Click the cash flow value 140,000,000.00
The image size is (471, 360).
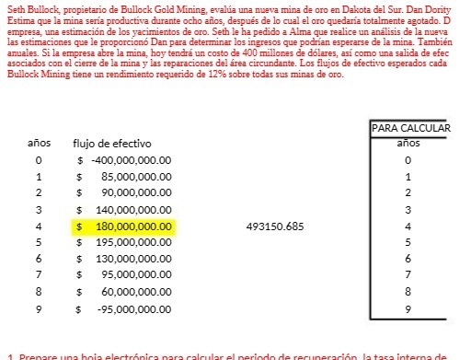(x=133, y=209)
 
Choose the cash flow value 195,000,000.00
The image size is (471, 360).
(x=133, y=241)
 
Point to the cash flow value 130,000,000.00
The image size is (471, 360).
(x=133, y=258)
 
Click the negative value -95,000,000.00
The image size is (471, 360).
(x=134, y=307)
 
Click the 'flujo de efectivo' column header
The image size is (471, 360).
(x=112, y=145)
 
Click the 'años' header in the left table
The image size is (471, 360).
(x=39, y=145)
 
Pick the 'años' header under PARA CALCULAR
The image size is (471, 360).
(x=408, y=144)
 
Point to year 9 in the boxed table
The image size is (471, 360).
(x=408, y=308)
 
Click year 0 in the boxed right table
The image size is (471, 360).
(x=408, y=161)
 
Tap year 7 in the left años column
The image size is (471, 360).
(x=39, y=274)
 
